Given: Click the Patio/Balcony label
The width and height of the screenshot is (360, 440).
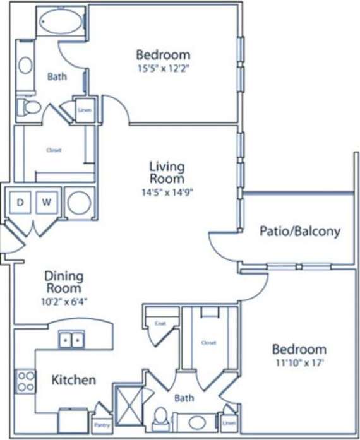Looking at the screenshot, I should pos(299,231).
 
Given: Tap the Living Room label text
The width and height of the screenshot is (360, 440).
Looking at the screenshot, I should pos(167,173).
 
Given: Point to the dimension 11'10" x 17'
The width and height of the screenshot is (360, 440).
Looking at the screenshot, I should pos(299,363).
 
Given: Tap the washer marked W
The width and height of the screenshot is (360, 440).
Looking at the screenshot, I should pos(47,203).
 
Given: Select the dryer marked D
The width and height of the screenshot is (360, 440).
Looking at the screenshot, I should pos(20,203).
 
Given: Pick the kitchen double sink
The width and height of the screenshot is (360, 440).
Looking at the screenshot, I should pos(71,340).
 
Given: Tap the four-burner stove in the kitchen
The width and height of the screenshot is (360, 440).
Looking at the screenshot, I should pos(25,381).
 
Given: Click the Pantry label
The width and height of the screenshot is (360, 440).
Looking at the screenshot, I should pos(101,426).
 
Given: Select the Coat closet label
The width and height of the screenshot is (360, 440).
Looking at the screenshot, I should pos(159,323).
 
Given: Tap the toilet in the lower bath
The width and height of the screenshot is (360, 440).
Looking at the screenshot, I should pos(160,418).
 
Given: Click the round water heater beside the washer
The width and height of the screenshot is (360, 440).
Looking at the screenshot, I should pos(80,203).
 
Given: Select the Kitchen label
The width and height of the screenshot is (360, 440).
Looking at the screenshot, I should pos(73,380).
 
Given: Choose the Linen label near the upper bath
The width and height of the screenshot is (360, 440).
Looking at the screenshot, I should pos(85,109).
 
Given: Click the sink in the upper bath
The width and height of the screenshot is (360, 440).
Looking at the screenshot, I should pos(26,65).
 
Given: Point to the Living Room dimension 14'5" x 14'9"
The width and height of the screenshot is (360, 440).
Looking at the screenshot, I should pos(167,193).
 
